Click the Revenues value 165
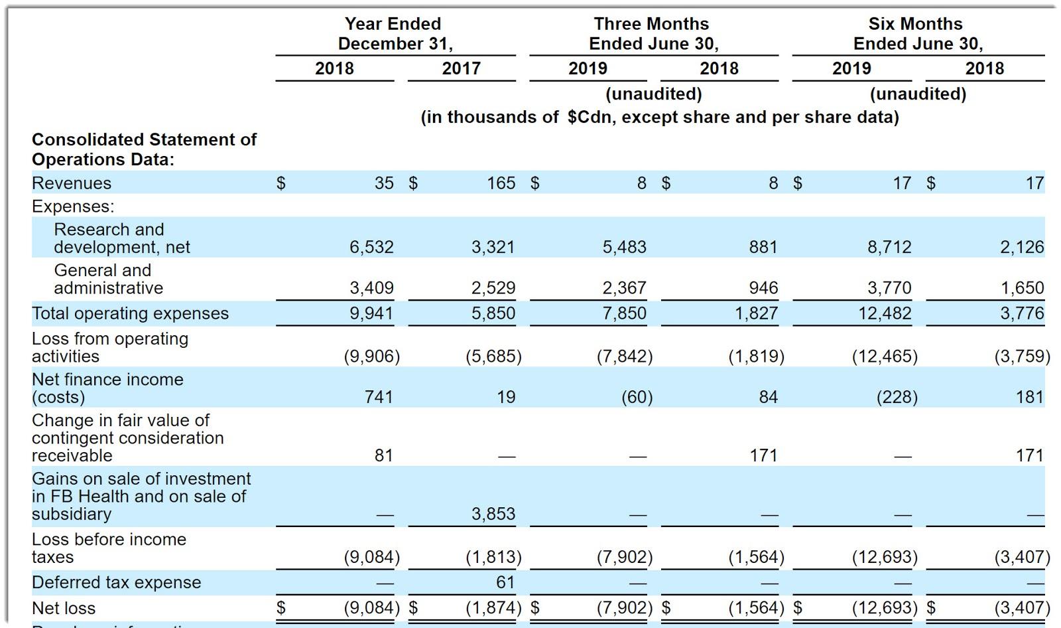pyautogui.click(x=501, y=183)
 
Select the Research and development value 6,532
pyautogui.click(x=371, y=247)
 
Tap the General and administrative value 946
pyautogui.click(x=763, y=288)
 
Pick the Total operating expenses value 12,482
pyautogui.click(x=885, y=313)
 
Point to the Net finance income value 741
pyautogui.click(x=379, y=397)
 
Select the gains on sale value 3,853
pyautogui.click(x=493, y=514)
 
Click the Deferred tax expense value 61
pyautogui.click(x=505, y=582)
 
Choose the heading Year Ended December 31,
pyautogui.click(x=395, y=34)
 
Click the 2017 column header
pyautogui.click(x=461, y=68)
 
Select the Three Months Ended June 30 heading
pyautogui.click(x=653, y=34)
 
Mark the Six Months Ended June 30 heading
pyautogui.click(x=916, y=34)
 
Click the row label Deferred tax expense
pyautogui.click(x=116, y=582)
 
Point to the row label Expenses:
pyautogui.click(x=73, y=206)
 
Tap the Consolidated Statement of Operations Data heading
pyautogui.click(x=144, y=149)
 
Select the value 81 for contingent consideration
pyautogui.click(x=383, y=455)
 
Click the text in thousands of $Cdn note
pyautogui.click(x=660, y=118)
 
